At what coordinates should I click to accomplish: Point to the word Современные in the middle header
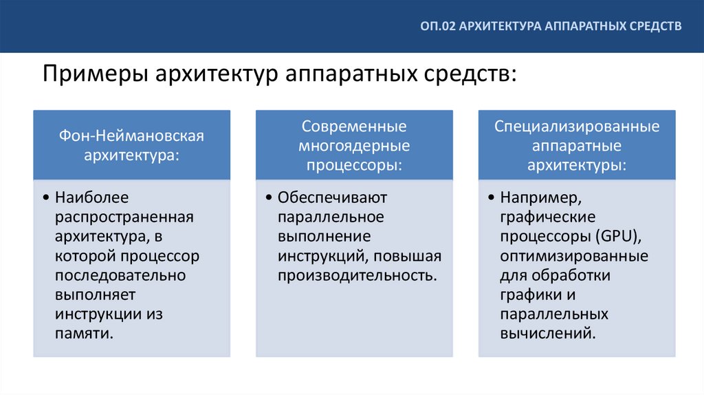tap(354, 127)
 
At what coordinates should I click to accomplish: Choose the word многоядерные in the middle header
tap(354, 147)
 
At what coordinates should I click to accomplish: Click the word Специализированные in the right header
tap(576, 127)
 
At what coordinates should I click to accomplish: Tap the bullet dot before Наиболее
tap(45, 199)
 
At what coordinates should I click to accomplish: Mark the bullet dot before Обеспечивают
tap(268, 199)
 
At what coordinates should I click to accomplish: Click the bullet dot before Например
tap(491, 199)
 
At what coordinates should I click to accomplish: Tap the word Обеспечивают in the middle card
tap(333, 198)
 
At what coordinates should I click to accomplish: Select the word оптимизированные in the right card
tap(574, 256)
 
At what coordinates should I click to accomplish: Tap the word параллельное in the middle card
tap(331, 217)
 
